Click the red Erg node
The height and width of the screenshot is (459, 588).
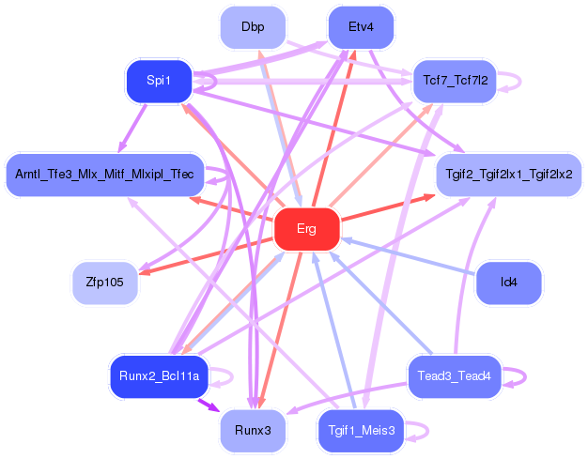pyautogui.click(x=307, y=229)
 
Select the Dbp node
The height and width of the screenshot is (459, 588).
pyautogui.click(x=253, y=27)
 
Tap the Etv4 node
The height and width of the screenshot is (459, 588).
pyautogui.click(x=361, y=27)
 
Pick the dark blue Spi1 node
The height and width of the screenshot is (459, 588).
pyautogui.click(x=159, y=81)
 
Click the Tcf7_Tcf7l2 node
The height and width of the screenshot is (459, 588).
pyautogui.click(x=455, y=81)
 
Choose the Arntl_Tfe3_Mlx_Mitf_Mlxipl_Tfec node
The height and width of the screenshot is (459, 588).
pyautogui.click(x=104, y=175)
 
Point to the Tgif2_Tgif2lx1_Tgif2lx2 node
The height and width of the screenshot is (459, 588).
pyautogui.click(x=509, y=175)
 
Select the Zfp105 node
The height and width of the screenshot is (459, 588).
pyautogui.click(x=104, y=283)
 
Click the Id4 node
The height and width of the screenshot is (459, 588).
pyautogui.click(x=509, y=283)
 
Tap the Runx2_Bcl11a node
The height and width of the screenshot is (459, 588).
pyautogui.click(x=159, y=376)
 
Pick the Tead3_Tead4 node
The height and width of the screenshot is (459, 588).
pyautogui.click(x=455, y=376)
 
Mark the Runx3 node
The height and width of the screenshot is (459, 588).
pyautogui.click(x=253, y=431)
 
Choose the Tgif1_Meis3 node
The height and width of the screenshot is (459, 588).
pyautogui.click(x=361, y=431)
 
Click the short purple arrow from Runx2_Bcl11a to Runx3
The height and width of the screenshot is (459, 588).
pyautogui.click(x=209, y=405)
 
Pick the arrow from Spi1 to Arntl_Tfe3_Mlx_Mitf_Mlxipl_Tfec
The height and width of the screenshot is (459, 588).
pyautogui.click(x=132, y=129)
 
